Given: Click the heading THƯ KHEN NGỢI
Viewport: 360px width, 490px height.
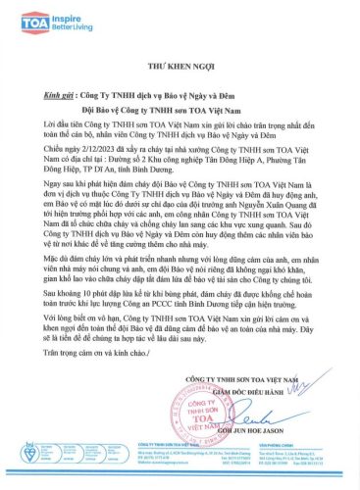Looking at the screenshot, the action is [180, 68].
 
